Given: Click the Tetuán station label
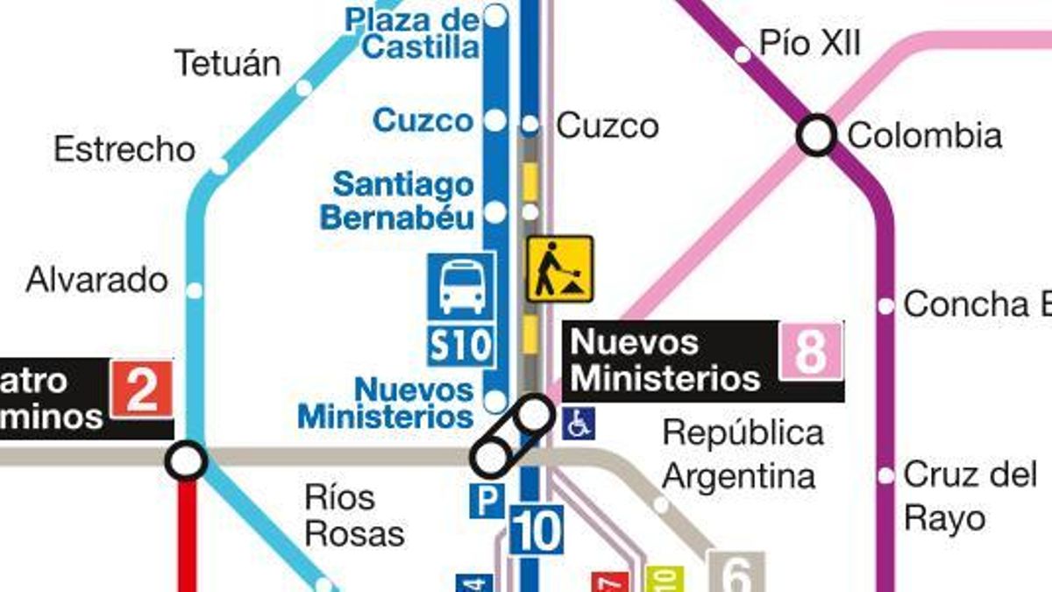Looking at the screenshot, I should tap(227, 63).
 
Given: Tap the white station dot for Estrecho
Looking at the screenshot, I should tap(219, 166).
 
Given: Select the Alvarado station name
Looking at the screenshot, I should tap(96, 281).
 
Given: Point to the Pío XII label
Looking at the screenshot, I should tap(810, 43).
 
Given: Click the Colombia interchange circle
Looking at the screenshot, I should tap(816, 136).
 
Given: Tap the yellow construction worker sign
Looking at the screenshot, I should tap(559, 268).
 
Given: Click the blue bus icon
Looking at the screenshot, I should tap(461, 287).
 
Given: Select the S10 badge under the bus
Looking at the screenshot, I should tap(461, 345).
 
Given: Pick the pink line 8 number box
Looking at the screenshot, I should tap(810, 351).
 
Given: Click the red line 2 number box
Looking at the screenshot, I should tap(141, 389).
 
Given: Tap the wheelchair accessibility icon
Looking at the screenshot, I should tap(579, 424).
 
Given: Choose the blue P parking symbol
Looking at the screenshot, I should tap(487, 501).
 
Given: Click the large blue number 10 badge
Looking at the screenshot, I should tap(536, 530).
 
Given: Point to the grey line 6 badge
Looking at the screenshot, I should tap(736, 574).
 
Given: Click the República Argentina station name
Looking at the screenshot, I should tap(742, 455).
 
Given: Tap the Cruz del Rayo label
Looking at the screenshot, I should tap(970, 496).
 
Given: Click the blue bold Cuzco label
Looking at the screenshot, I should tap(423, 120).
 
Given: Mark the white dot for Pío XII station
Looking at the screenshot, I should tap(743, 55).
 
